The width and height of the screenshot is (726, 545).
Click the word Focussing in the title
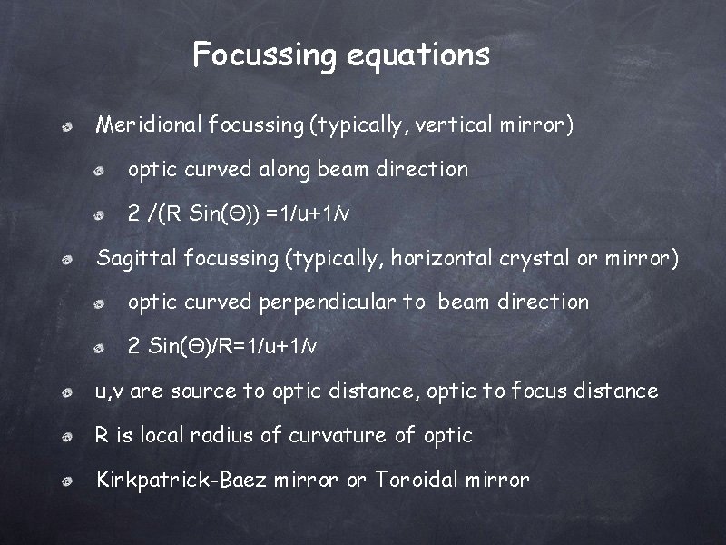tap(265, 54)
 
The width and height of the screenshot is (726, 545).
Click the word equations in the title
tap(418, 54)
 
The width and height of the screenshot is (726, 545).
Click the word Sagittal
tap(137, 258)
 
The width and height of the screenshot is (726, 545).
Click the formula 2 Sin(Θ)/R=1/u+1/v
tap(222, 346)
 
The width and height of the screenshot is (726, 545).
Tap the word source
tap(204, 391)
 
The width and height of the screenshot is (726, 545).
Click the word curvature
tap(338, 435)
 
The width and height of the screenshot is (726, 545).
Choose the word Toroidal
tap(417, 479)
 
